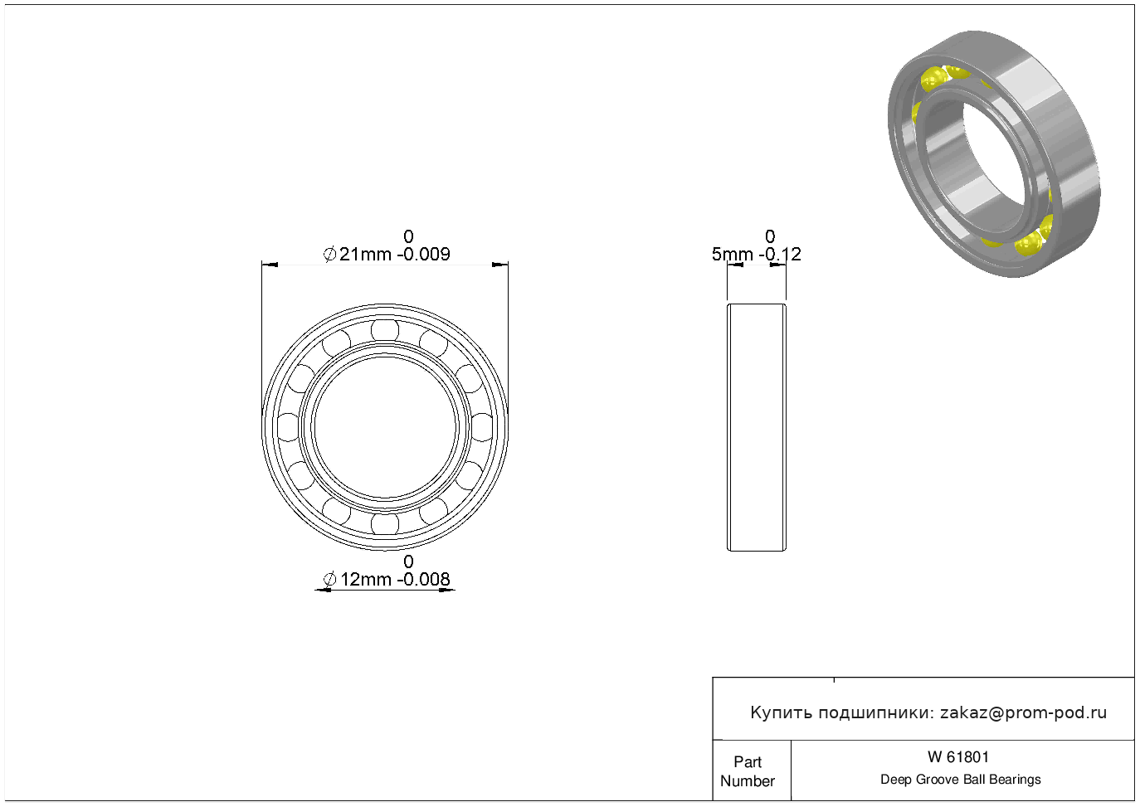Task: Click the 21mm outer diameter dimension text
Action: tap(365, 254)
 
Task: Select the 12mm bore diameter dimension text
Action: tap(365, 579)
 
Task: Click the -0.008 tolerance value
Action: tap(423, 579)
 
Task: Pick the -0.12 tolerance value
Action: tap(780, 254)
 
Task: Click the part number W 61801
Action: tap(957, 757)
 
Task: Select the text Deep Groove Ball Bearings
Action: tap(960, 780)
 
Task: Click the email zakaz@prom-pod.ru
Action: tap(1023, 712)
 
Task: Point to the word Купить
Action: tap(782, 712)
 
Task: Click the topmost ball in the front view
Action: tap(385, 330)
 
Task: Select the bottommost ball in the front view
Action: tap(385, 524)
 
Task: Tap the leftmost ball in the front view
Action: tap(288, 427)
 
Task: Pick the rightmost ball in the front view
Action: tap(482, 427)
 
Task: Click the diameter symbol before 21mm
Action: tap(329, 254)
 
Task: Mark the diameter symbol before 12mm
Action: tap(329, 579)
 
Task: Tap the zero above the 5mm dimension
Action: tap(770, 236)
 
